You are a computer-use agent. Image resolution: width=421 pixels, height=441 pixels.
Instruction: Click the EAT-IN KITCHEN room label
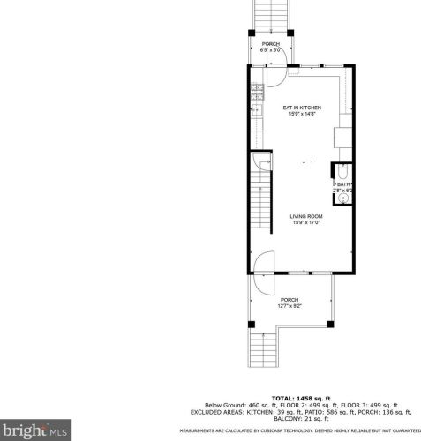pos(302,108)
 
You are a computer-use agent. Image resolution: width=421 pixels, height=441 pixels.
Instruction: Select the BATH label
pos(342,183)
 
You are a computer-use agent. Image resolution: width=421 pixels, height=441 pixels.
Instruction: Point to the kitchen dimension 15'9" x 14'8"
pos(302,115)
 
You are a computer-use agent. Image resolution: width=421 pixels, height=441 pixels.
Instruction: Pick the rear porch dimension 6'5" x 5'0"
pos(269,50)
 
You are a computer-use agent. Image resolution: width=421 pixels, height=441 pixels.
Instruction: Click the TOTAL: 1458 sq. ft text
pos(296,398)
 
